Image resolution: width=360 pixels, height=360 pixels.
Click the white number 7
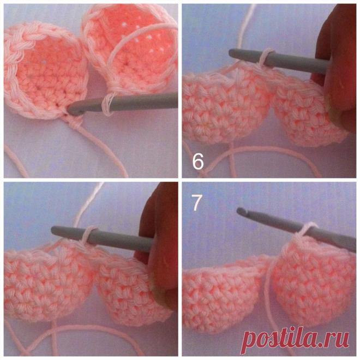tap(197, 202)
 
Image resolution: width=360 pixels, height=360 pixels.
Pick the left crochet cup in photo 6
tap(227, 103)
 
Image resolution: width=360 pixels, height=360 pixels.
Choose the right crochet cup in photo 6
tap(308, 110)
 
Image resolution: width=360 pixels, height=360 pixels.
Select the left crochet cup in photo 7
tap(226, 292)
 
